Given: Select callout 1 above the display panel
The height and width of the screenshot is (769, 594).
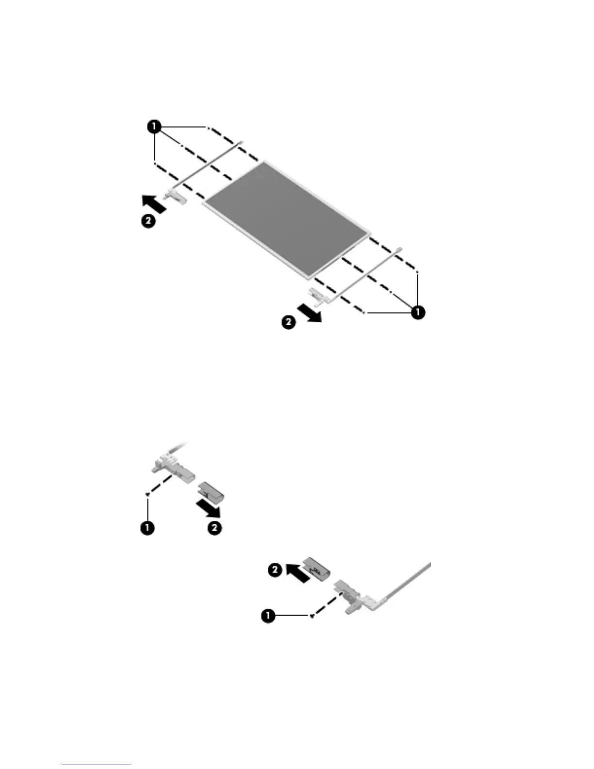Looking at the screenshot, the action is (154, 127).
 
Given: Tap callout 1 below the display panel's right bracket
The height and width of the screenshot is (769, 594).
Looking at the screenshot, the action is (418, 312).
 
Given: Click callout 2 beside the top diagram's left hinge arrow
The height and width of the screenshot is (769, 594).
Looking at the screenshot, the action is (148, 221).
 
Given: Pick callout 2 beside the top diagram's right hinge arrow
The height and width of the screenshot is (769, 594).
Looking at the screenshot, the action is (288, 322).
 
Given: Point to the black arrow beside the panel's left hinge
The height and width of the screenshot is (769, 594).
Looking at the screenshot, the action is (154, 203).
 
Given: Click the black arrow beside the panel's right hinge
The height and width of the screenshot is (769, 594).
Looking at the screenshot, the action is (309, 312).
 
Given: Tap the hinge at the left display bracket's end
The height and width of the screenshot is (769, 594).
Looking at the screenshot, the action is (175, 196).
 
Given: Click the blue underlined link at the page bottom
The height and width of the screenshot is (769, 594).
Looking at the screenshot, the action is (96, 765).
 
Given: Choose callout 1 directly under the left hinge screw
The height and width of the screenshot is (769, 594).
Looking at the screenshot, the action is (148, 527).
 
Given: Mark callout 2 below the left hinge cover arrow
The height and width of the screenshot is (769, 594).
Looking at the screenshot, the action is (214, 527).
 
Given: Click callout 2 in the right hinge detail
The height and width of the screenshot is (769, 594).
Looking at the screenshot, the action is (275, 569).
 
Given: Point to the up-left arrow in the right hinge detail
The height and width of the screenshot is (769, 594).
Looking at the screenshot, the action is (297, 572).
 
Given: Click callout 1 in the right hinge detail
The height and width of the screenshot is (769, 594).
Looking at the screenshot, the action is (267, 616).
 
